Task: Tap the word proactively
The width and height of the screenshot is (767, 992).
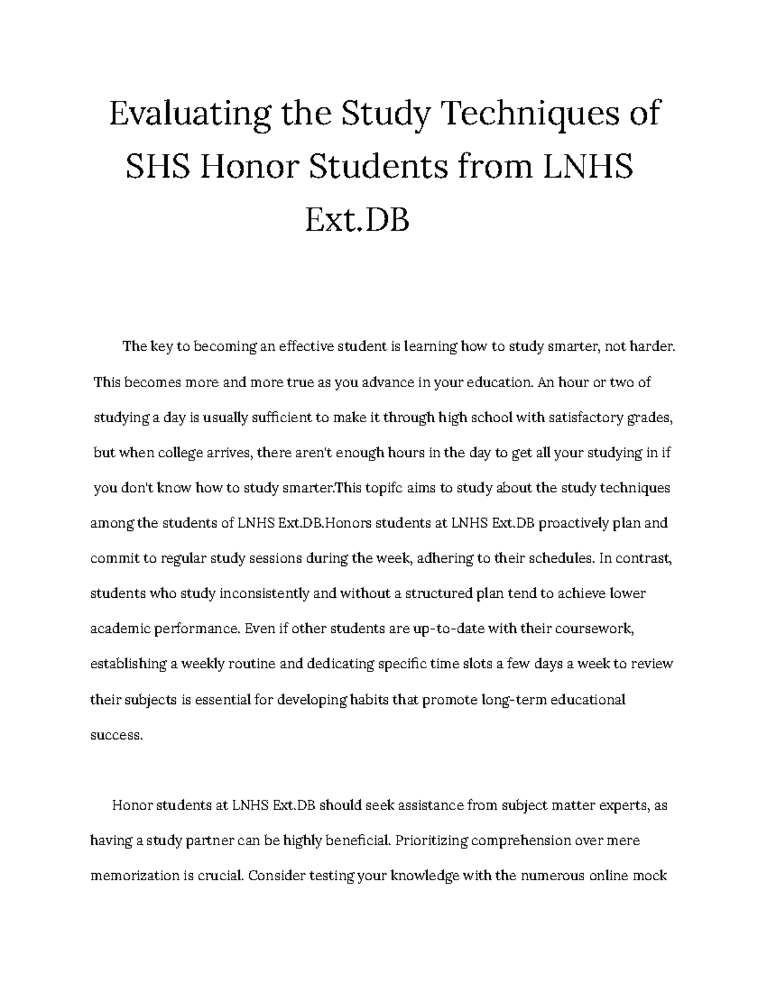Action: pyautogui.click(x=564, y=524)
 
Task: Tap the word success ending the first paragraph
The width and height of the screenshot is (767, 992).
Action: pyautogui.click(x=114, y=735)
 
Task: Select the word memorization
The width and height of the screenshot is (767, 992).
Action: pyautogui.click(x=134, y=876)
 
